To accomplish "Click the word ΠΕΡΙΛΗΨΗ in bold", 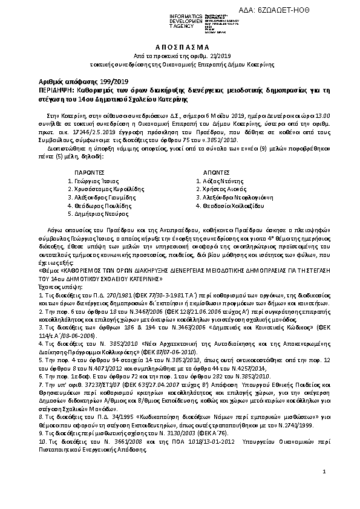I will [52, 89].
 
